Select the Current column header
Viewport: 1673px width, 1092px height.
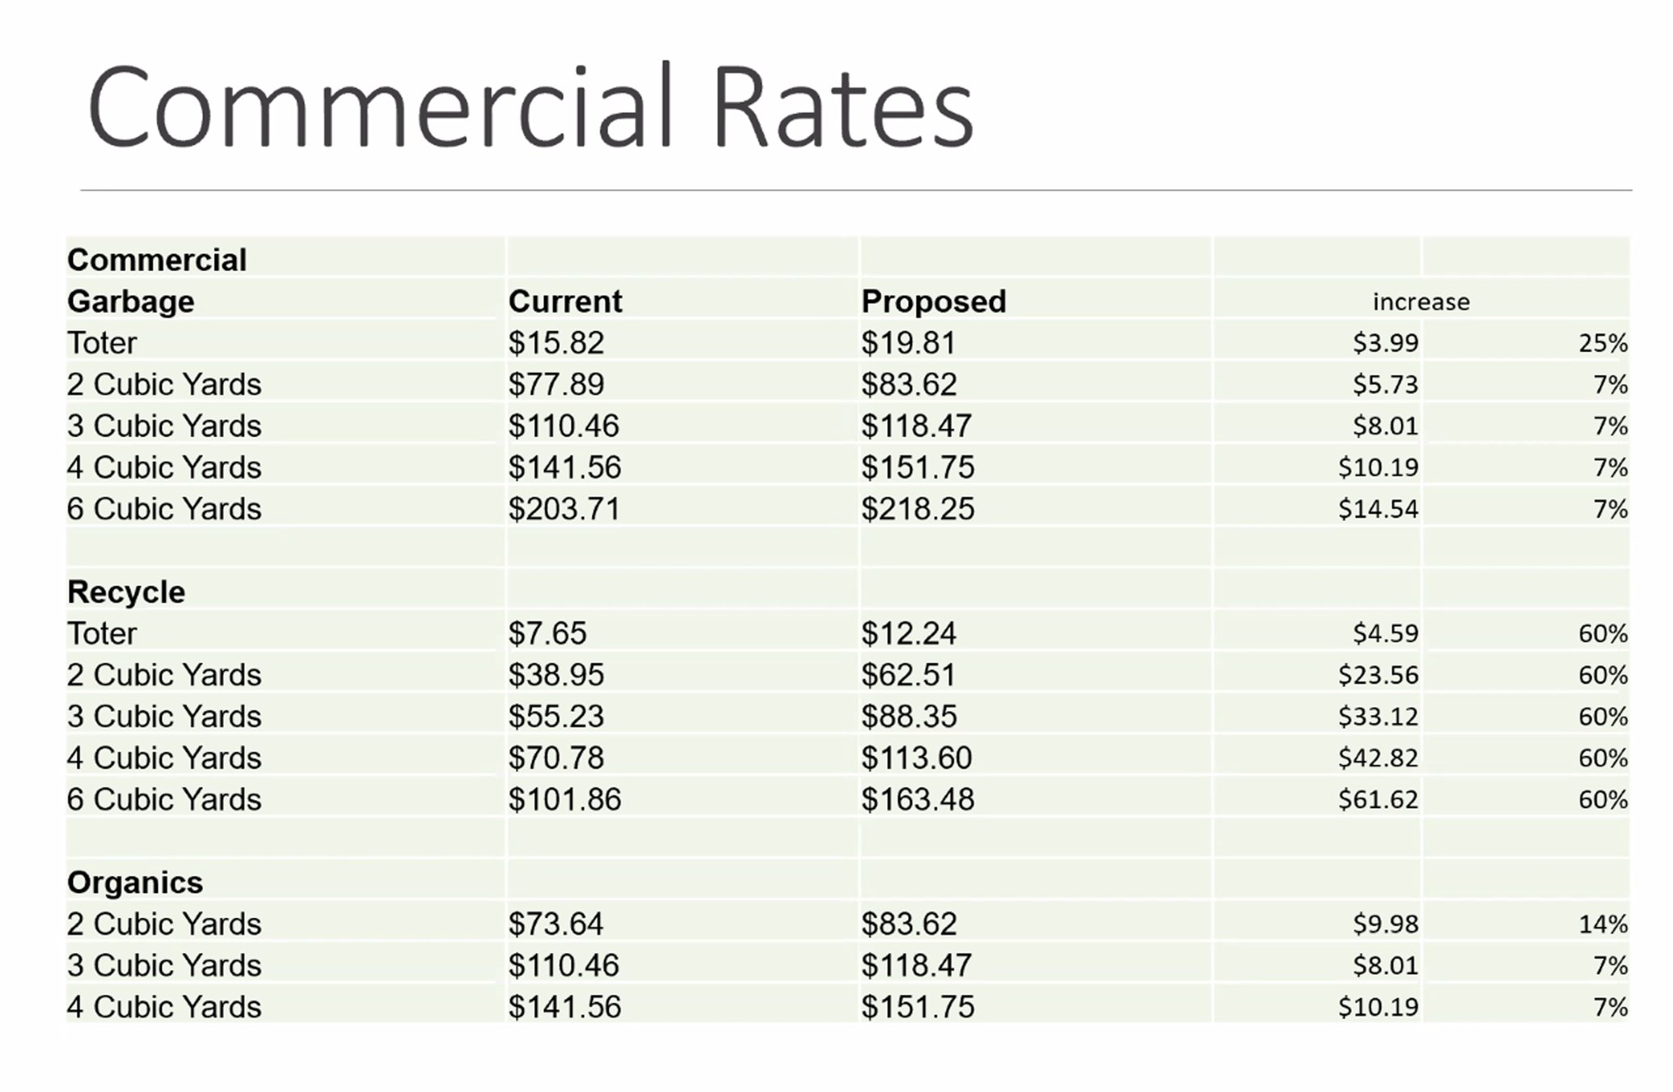point(565,302)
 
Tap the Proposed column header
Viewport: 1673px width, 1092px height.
point(933,302)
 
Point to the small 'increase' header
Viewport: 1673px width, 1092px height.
point(1421,302)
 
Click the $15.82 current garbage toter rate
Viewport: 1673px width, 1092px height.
point(556,343)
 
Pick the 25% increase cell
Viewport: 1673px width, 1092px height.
point(1603,343)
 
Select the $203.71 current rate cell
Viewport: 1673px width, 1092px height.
point(564,509)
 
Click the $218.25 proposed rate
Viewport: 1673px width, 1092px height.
point(918,509)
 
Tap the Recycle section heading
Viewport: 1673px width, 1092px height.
point(126,592)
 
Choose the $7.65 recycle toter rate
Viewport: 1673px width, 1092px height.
point(547,633)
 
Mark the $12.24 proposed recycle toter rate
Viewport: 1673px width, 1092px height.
point(909,633)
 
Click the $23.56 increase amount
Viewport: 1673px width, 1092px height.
point(1378,675)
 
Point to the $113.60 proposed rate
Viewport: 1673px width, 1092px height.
point(916,758)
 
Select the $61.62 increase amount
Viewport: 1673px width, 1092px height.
point(1378,799)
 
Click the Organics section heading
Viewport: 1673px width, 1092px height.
point(135,882)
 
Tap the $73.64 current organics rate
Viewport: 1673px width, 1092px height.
point(556,924)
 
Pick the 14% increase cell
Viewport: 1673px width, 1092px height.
point(1603,924)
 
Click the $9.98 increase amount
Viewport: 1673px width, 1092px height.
point(1386,924)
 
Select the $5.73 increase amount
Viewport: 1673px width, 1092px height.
point(1386,384)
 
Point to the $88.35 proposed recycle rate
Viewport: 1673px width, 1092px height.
point(909,717)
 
